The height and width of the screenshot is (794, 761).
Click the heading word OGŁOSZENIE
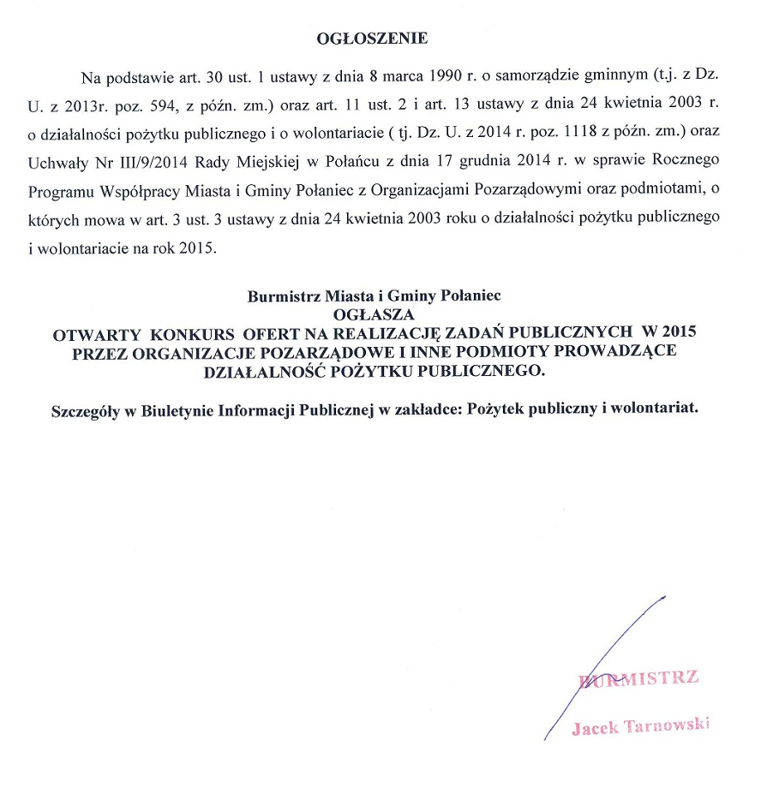pyautogui.click(x=372, y=39)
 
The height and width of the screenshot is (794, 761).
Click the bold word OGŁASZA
pyautogui.click(x=373, y=313)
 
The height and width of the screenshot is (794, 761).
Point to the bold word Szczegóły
pyautogui.click(x=84, y=409)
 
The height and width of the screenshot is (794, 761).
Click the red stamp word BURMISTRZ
pyautogui.click(x=639, y=679)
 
